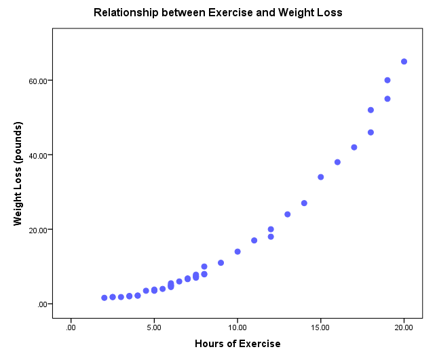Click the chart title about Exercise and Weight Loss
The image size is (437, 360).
click(x=218, y=13)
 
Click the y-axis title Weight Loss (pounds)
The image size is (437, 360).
click(x=18, y=174)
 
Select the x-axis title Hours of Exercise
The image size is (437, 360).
click(x=237, y=344)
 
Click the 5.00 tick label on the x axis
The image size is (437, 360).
click(x=154, y=328)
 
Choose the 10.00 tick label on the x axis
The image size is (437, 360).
click(x=237, y=328)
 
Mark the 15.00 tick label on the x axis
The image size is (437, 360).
click(x=320, y=328)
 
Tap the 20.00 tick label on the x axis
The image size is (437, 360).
click(x=404, y=328)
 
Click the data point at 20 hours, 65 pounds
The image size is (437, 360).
click(x=404, y=62)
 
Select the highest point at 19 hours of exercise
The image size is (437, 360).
click(x=387, y=80)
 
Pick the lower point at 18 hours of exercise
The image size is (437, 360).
click(x=370, y=132)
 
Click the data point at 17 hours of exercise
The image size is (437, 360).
click(x=354, y=147)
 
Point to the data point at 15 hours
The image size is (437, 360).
click(x=321, y=177)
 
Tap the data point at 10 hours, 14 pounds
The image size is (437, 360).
click(x=237, y=252)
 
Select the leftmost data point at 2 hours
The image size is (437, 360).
click(x=104, y=298)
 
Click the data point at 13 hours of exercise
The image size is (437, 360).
click(x=288, y=214)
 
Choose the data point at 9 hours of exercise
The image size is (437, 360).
click(x=221, y=262)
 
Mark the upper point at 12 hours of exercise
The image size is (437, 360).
click(x=271, y=229)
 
